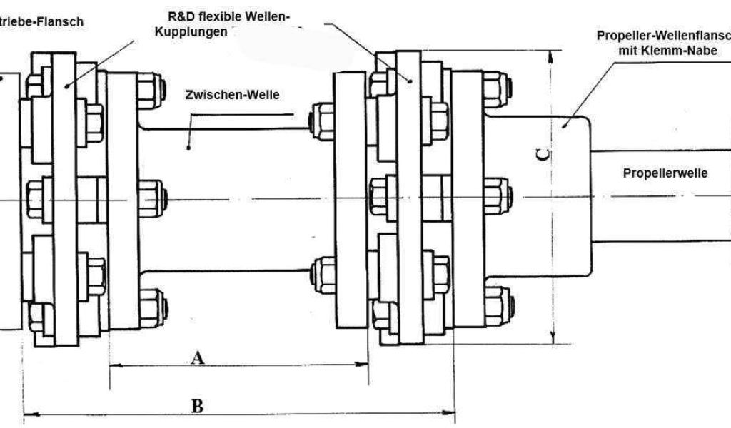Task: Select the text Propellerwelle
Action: click(x=665, y=173)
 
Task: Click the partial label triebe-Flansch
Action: click(x=41, y=21)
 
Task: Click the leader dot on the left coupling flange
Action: click(x=66, y=86)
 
